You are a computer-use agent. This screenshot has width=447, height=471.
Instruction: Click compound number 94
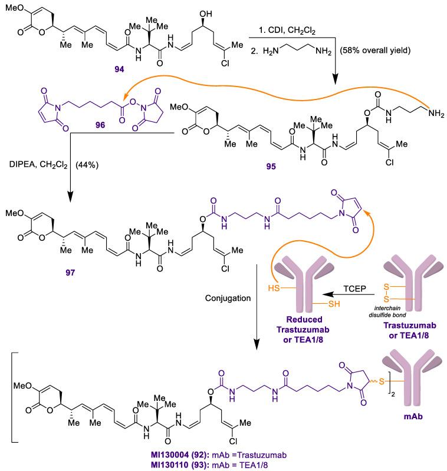[119, 69]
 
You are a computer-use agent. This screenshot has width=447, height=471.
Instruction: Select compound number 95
[271, 166]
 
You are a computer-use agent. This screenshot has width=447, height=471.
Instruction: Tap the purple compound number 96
[100, 125]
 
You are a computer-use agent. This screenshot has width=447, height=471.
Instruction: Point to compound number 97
[70, 273]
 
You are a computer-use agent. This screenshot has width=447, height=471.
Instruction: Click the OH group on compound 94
[205, 14]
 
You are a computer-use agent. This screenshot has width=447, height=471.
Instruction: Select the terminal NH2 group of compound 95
[436, 114]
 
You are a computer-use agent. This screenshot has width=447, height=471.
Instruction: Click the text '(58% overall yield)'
[375, 50]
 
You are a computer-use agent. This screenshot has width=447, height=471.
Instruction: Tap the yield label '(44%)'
[87, 165]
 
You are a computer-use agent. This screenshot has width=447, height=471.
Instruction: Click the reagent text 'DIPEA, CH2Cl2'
[38, 165]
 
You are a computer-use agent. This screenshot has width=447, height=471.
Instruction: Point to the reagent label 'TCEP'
[354, 288]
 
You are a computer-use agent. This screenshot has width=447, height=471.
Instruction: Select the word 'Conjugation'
[228, 298]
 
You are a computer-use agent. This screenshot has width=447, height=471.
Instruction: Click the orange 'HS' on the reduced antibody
[274, 288]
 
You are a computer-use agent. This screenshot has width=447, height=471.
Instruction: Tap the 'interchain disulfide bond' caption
[387, 311]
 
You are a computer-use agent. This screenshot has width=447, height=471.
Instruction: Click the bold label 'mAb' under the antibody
[413, 416]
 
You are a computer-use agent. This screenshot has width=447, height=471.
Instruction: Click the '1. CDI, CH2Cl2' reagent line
[287, 31]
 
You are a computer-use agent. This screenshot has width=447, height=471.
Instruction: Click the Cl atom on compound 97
[225, 268]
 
